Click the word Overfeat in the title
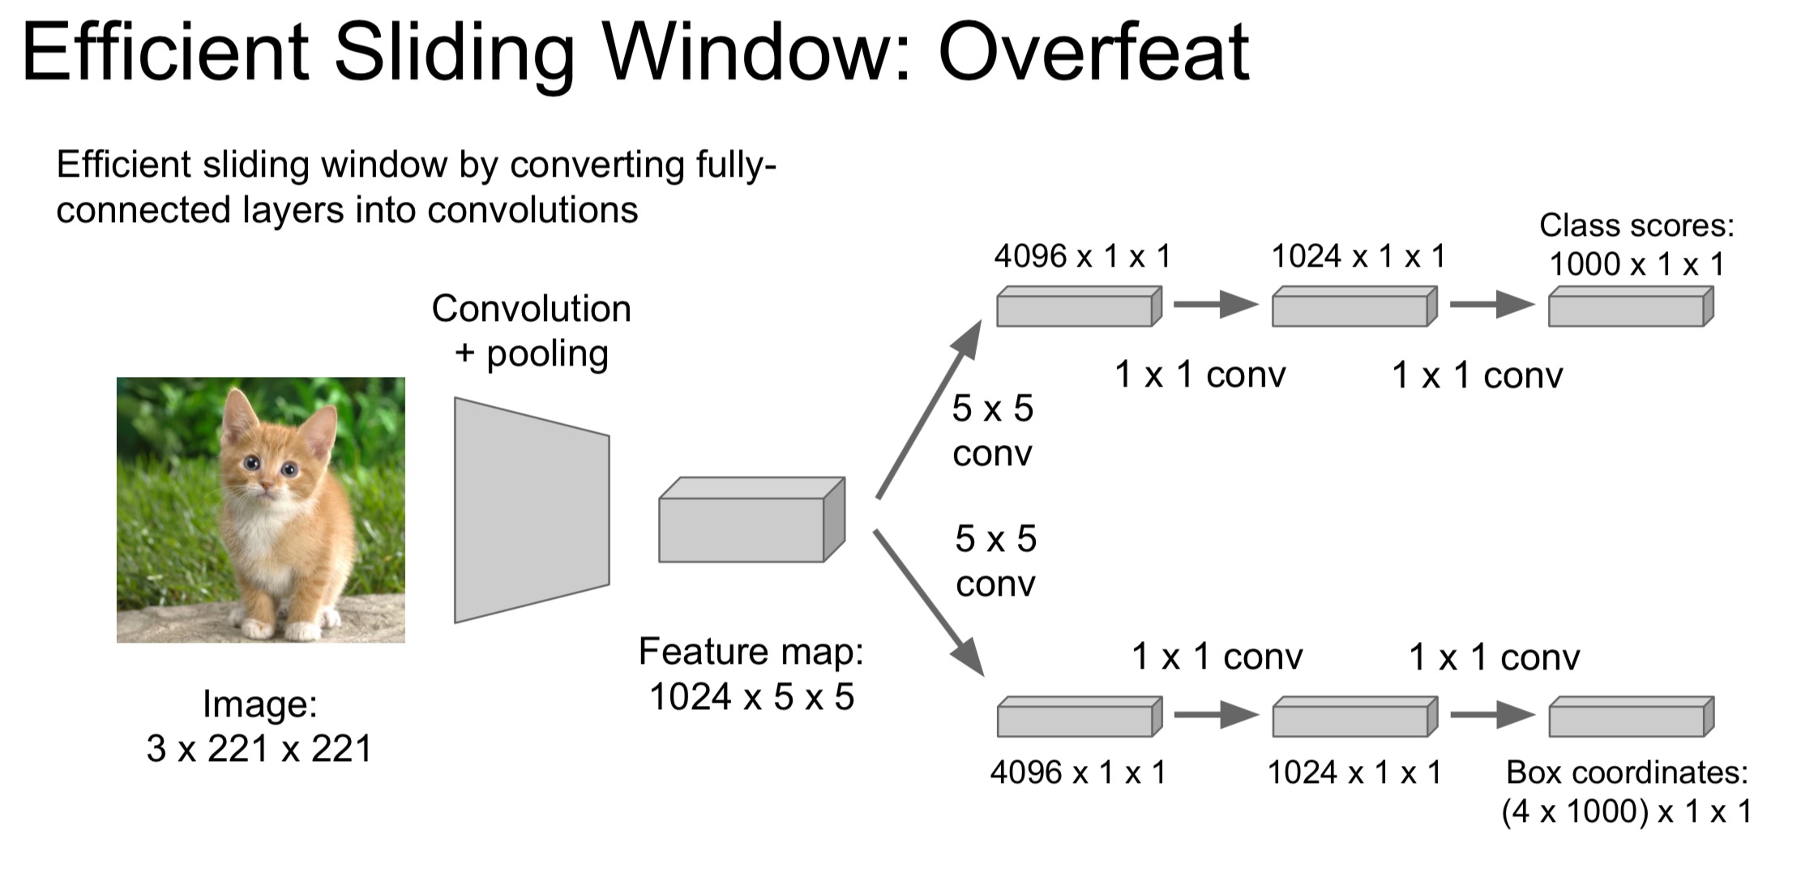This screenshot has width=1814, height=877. (1093, 53)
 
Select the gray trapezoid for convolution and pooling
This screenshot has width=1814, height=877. (531, 510)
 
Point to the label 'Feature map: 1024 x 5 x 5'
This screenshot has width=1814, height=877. (751, 674)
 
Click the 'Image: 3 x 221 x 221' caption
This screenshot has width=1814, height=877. (259, 726)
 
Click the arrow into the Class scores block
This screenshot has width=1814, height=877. (1491, 305)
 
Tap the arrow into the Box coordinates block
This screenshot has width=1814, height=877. (1491, 715)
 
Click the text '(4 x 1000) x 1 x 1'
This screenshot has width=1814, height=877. (1626, 811)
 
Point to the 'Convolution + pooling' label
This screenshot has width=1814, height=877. (532, 331)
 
